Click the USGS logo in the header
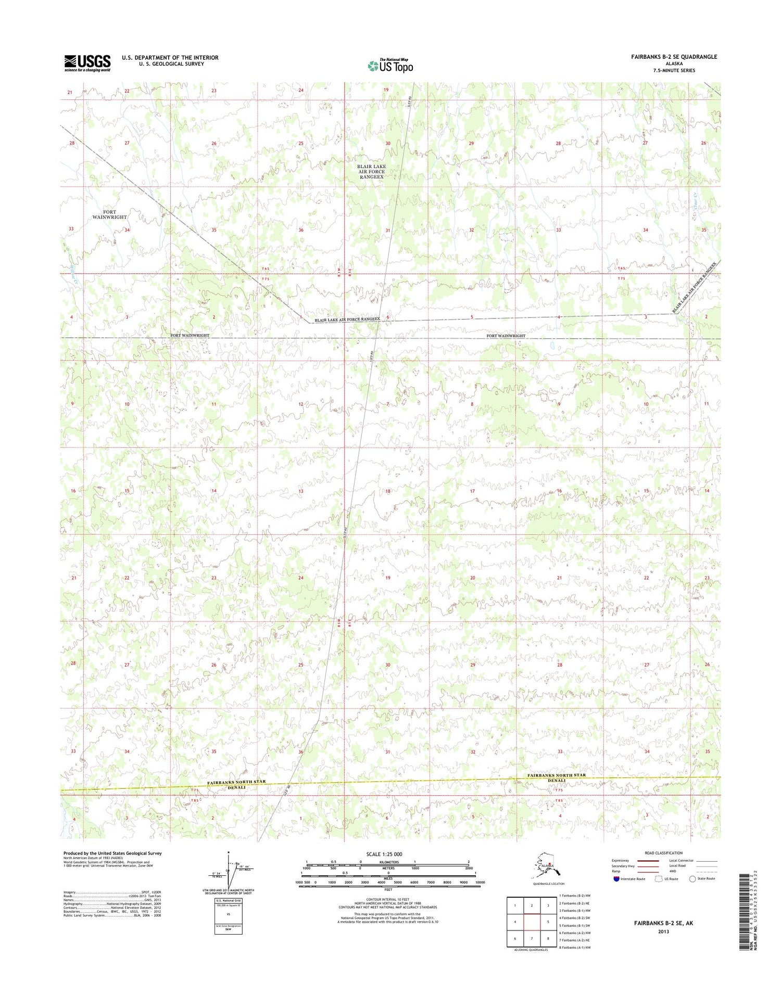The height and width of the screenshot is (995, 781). pos(87,62)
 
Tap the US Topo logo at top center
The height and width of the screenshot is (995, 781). pos(391,66)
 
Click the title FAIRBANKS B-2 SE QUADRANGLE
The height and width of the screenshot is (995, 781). pos(674,57)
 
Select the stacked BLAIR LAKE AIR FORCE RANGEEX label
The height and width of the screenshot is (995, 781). pos(371,172)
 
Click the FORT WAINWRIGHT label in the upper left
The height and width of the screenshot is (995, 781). pos(110,214)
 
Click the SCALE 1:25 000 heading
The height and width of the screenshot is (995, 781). pos(384,854)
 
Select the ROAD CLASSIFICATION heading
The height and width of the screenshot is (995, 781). pos(663,853)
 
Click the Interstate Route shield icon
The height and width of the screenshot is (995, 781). pos(616,878)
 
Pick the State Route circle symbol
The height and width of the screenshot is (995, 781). pos(692,878)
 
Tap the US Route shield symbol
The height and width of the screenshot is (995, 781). pos(658,878)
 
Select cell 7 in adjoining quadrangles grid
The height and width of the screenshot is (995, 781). pos(531,938)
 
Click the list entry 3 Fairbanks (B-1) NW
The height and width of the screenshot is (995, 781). pos(574,911)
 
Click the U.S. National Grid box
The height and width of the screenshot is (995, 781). pos(228,915)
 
